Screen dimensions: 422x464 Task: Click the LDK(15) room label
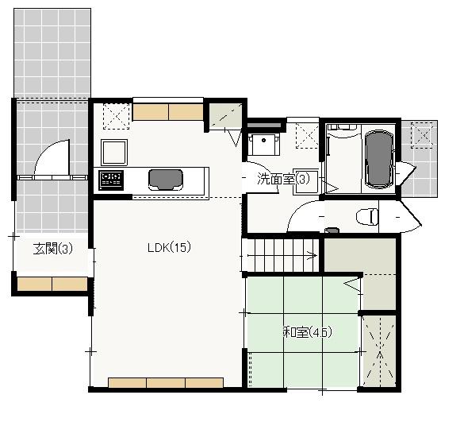click(x=168, y=247)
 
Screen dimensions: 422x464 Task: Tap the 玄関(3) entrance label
click(x=53, y=249)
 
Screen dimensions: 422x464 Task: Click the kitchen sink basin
click(x=163, y=178)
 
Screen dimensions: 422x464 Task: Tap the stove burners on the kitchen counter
click(x=110, y=180)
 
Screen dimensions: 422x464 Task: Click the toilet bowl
click(x=366, y=215)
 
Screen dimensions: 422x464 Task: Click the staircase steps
click(x=282, y=256)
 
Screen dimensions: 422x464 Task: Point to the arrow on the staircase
click(x=313, y=256)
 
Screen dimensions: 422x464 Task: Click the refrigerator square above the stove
click(x=113, y=150)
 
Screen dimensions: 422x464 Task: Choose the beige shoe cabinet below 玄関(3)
click(x=52, y=284)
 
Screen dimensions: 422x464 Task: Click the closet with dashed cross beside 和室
click(x=378, y=350)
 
